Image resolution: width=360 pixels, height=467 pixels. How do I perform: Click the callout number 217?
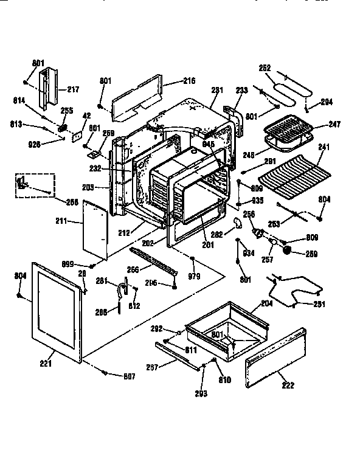click(x=73, y=90)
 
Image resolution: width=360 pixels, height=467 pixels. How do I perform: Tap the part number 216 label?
click(x=189, y=80)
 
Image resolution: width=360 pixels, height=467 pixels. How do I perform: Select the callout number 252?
click(x=265, y=69)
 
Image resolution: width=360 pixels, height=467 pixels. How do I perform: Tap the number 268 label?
click(x=72, y=201)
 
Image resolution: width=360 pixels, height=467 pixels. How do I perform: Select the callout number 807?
click(x=129, y=376)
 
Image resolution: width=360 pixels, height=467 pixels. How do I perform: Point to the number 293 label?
click(x=201, y=393)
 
